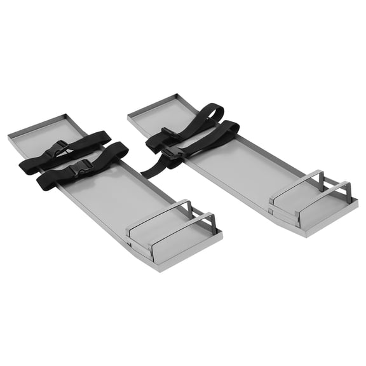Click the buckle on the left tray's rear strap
[59, 149]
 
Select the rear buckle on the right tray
[168, 132]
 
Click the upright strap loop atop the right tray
[207, 114]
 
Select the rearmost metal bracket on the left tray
[159, 216]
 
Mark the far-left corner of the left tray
[9, 135]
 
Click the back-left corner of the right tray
[128, 114]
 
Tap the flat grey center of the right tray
[241, 165]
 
